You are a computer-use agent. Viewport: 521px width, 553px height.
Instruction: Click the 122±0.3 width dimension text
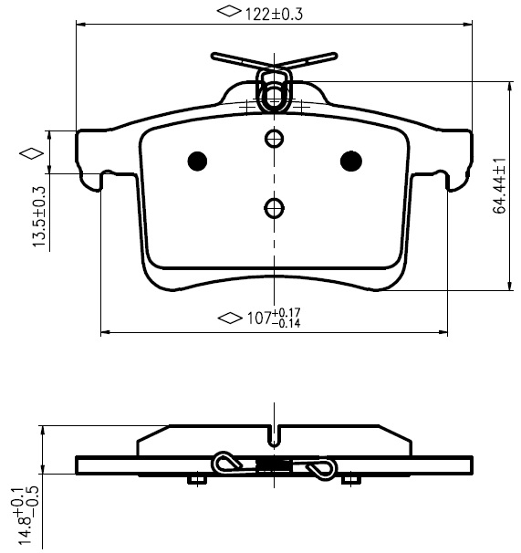pyautogui.click(x=274, y=14)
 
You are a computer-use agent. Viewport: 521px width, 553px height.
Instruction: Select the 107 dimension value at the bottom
pyautogui.click(x=259, y=318)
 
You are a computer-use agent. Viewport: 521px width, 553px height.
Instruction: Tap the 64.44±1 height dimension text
pyautogui.click(x=499, y=186)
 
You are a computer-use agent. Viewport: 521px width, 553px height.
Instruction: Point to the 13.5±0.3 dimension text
pyautogui.click(x=39, y=216)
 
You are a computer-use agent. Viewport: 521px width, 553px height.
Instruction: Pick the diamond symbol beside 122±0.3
pyautogui.click(x=229, y=11)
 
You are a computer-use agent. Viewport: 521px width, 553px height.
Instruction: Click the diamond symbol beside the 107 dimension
pyautogui.click(x=230, y=318)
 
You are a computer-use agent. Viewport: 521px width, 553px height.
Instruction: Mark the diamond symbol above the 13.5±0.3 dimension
pyautogui.click(x=32, y=154)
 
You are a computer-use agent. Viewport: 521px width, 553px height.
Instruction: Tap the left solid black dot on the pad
pyautogui.click(x=197, y=162)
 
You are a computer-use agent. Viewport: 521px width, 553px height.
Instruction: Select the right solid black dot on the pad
pyautogui.click(x=351, y=162)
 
